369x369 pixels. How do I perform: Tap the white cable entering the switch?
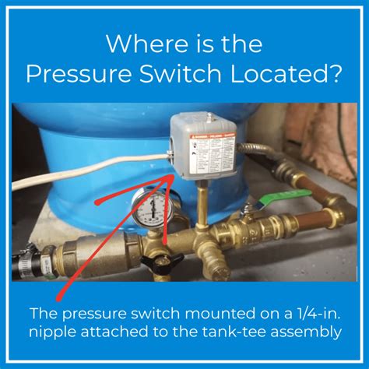tap(86, 173)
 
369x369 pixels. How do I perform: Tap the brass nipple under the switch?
tap(202, 204)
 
